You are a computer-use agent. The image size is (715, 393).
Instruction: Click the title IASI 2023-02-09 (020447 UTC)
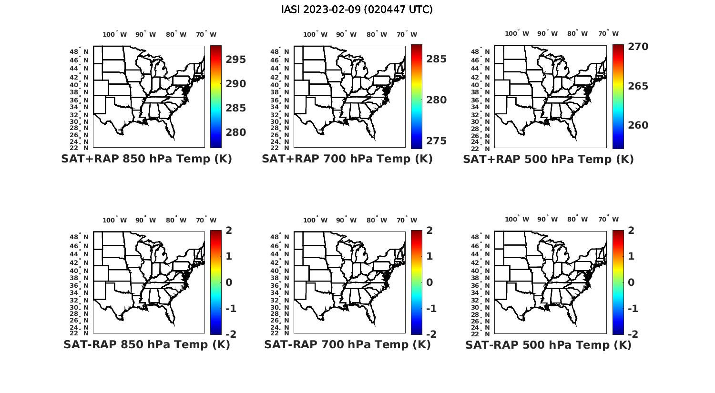pos(357,10)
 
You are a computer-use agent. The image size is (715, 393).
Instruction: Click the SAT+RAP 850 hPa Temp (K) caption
pos(146,159)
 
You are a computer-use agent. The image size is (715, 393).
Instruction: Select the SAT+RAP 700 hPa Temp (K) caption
pos(347,159)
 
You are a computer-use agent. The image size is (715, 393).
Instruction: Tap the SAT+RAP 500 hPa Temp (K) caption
pos(548,160)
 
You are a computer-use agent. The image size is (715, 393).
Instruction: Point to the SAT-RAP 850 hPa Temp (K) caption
pos(146,344)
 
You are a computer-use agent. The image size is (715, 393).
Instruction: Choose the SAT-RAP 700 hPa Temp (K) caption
pos(347,344)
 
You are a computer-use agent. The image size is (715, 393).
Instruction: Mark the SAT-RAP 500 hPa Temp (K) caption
pos(548,345)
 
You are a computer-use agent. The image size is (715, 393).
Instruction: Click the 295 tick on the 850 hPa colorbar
pos(236,60)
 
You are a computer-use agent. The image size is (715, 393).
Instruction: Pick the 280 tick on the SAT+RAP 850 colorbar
pos(236,132)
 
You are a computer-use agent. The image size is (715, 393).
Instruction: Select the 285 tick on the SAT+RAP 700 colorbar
pos(437,59)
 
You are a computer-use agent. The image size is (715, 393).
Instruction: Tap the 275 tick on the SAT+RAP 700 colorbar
pos(437,141)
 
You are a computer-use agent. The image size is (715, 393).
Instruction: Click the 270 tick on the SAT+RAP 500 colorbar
pos(638,47)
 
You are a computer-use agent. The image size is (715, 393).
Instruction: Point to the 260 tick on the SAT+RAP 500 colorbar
pos(638,125)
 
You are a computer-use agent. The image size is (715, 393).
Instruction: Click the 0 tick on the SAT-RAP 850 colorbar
pos(229,282)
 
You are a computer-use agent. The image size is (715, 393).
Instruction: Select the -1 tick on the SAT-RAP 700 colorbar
pos(431,309)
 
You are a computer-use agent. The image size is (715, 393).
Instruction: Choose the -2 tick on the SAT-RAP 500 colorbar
pos(633,334)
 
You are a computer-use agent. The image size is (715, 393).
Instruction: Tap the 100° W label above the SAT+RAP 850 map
pos(114,34)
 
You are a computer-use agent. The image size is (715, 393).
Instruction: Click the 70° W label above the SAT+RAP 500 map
pos(608,33)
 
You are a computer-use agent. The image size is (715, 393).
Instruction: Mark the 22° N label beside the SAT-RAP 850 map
pos(79,333)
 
